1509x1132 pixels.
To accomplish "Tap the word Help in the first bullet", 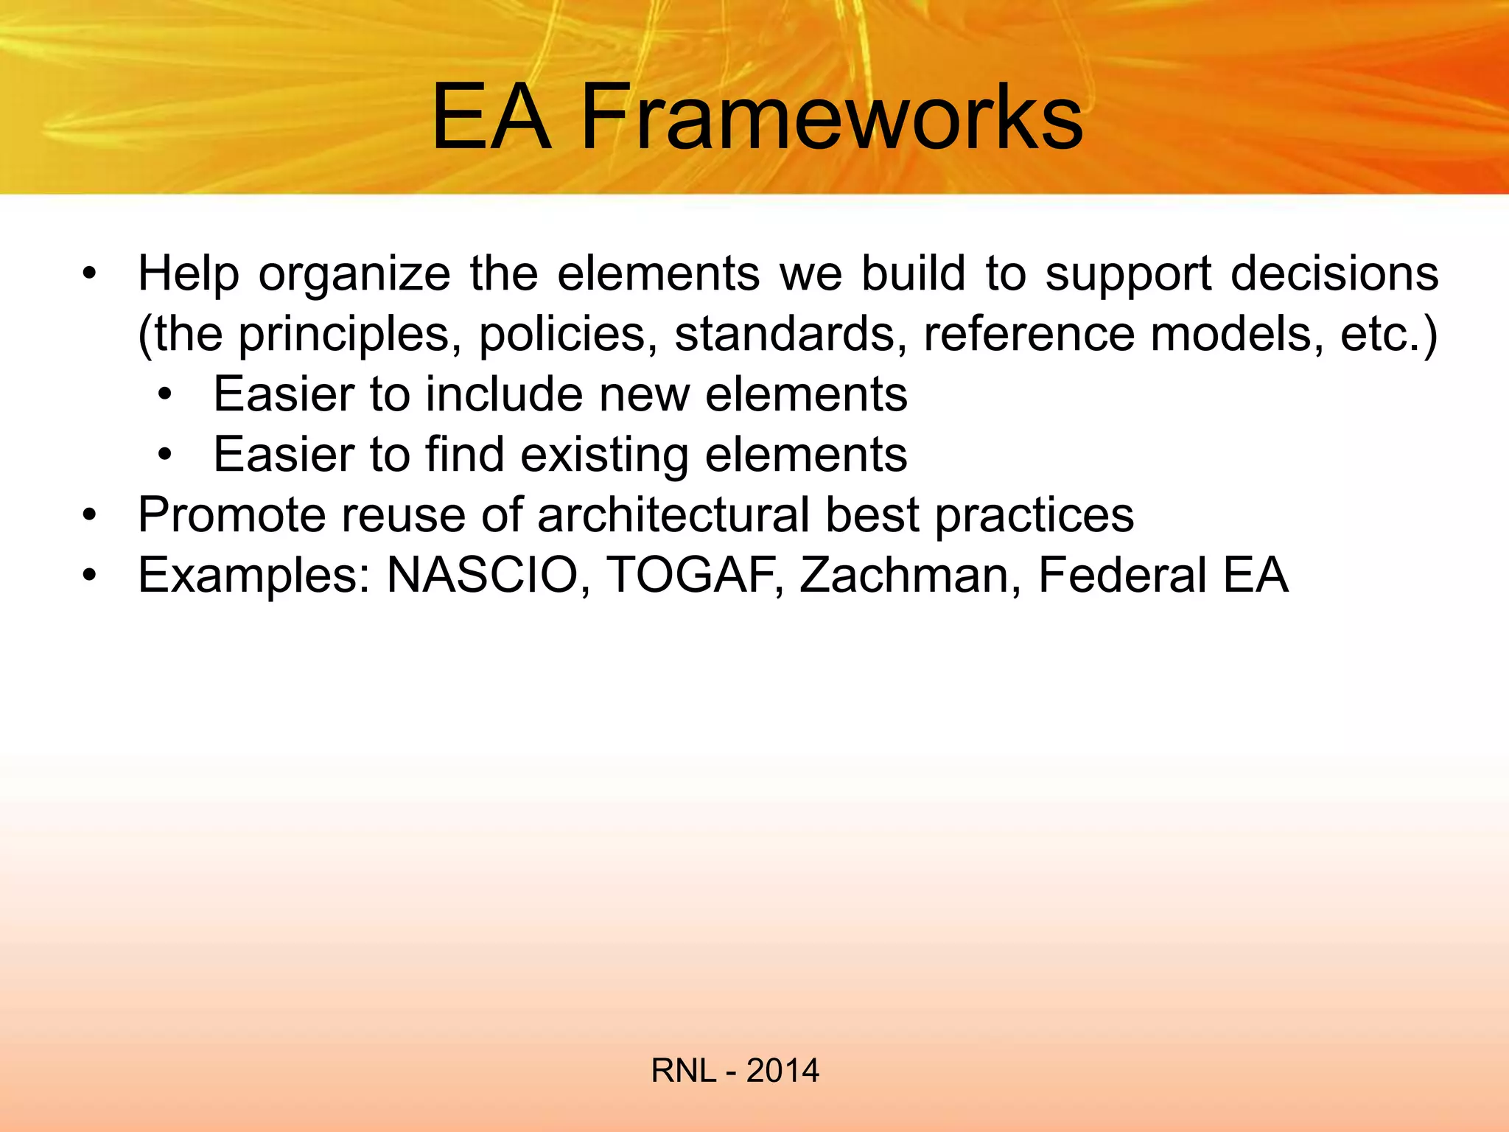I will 189,274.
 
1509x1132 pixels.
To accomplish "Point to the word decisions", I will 1334,274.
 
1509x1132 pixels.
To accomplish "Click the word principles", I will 344,335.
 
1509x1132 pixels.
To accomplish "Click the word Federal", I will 1122,575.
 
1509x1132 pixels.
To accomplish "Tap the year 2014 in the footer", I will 782,1071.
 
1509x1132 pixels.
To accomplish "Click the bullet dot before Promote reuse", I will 89,515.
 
